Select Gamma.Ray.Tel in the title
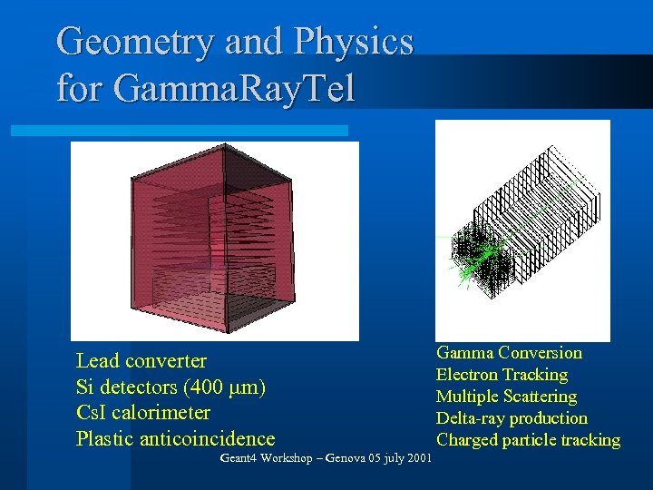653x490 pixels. (234, 88)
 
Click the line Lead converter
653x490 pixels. (141, 361)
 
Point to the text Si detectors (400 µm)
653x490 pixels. (171, 387)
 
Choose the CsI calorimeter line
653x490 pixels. (143, 413)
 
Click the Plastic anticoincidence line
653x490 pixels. (175, 439)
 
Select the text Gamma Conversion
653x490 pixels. (509, 352)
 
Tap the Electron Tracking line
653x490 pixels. (502, 374)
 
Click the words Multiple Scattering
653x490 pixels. (506, 397)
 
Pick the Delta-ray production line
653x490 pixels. (512, 418)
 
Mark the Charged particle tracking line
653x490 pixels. (528, 440)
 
